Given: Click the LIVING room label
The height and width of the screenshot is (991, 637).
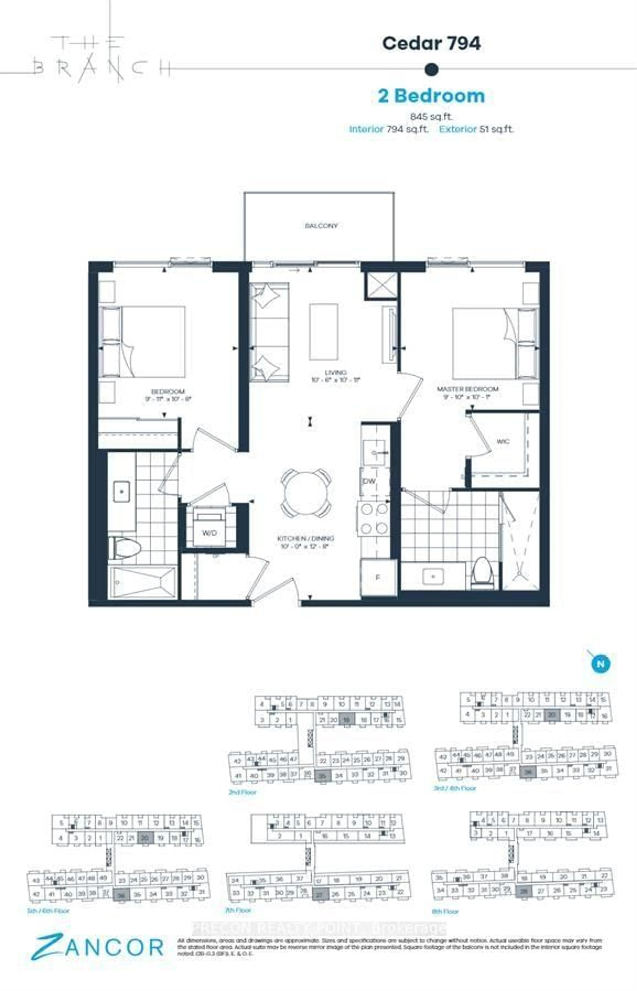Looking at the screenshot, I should click(x=335, y=373).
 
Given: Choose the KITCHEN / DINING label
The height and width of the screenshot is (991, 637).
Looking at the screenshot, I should click(x=305, y=539).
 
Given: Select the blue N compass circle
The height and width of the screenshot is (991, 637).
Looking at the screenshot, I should click(x=601, y=664).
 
